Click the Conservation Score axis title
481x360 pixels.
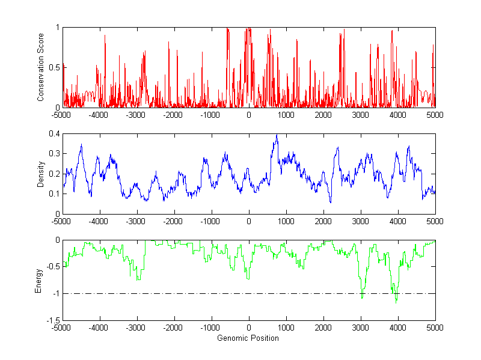pos(40,67)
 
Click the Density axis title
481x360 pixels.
pos(40,174)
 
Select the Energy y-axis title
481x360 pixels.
pos(38,280)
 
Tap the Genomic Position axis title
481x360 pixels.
pos(248,338)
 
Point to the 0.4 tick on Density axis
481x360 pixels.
pos(55,134)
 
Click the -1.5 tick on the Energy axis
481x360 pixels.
pos(54,320)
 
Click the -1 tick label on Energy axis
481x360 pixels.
pos(56,294)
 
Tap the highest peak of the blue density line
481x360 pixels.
pos(277,135)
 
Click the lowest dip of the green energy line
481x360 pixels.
pos(396,303)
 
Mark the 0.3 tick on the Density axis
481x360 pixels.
pos(55,154)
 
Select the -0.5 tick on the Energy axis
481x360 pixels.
pos(54,267)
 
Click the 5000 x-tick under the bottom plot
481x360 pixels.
pos(435,328)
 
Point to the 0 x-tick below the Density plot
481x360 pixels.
pos(249,221)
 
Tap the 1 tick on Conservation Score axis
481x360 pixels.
pos(58,28)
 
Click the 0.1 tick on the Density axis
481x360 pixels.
pos(55,194)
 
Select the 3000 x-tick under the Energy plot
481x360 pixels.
pos(361,328)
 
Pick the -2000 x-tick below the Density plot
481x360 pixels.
pos(174,221)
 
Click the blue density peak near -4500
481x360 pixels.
pos(81,145)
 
